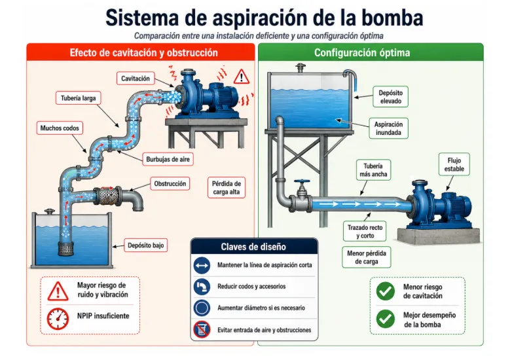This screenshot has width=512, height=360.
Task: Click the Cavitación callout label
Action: [x=135, y=79]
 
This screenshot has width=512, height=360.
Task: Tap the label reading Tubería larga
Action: [x=78, y=98]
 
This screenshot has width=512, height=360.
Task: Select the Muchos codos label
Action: [x=60, y=128]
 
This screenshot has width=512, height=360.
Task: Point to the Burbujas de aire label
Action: [x=168, y=160]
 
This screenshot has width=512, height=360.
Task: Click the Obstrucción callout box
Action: [x=170, y=184]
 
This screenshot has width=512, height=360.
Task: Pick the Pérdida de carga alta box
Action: [x=227, y=188]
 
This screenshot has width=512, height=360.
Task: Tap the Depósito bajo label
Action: [x=145, y=245]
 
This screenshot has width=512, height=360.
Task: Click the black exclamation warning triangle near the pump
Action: [x=242, y=77]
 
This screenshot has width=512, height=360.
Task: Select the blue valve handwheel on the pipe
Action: [x=302, y=181]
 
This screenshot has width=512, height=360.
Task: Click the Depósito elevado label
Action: [x=390, y=97]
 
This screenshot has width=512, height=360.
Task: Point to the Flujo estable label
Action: [x=454, y=165]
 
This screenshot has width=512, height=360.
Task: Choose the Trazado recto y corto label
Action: [x=365, y=232]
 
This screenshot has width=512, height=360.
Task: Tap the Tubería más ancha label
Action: [x=373, y=170]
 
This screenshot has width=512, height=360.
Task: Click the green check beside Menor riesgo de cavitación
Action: [x=385, y=291]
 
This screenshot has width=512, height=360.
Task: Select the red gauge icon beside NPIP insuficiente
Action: [x=58, y=319]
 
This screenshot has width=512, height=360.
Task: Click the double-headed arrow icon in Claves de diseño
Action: [x=202, y=265]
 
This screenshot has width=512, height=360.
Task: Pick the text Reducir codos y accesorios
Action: [x=251, y=287]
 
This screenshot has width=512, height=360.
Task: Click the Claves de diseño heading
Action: [x=253, y=247]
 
